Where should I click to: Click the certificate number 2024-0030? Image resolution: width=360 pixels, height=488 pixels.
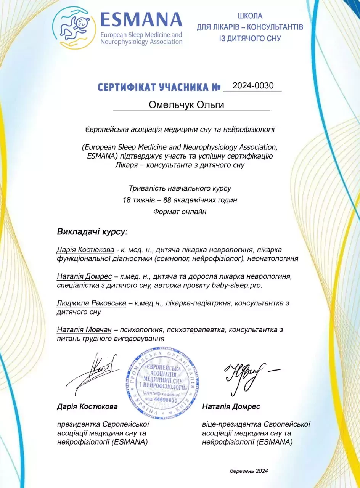click(253, 86)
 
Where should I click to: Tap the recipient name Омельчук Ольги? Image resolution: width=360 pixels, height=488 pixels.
click(191, 105)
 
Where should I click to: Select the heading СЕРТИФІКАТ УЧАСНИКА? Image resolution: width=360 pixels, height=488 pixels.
click(159, 87)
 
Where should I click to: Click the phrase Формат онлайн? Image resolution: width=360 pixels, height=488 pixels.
click(180, 212)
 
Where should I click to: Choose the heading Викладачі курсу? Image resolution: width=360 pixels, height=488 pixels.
click(92, 232)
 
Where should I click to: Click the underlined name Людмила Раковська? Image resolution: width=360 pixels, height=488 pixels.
click(92, 303)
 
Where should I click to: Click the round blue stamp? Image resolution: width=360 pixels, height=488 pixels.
click(162, 382)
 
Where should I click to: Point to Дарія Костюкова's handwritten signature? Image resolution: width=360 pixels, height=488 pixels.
click(92, 371)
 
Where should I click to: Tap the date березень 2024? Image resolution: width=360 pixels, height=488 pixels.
click(249, 471)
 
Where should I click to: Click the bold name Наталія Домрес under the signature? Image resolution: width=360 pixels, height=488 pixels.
click(231, 406)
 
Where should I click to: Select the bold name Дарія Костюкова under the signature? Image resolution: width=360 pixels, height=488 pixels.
click(87, 406)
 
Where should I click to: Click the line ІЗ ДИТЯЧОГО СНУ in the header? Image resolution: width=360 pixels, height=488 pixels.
click(250, 39)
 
